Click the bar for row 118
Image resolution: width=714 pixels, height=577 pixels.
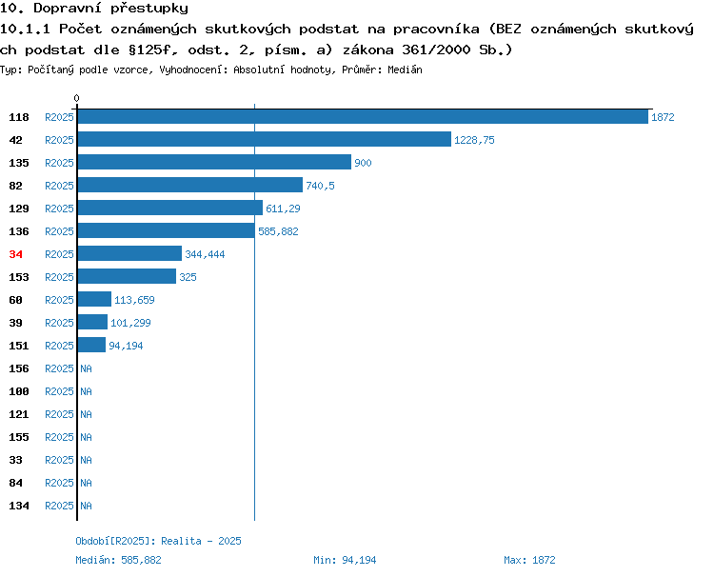click(363, 116)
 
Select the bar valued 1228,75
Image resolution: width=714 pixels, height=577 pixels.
click(265, 139)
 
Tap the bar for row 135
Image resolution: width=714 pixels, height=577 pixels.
click(214, 162)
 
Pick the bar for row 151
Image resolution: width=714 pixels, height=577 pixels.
click(92, 345)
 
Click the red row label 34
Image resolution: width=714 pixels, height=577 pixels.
click(15, 254)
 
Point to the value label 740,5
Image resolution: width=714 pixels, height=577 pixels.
click(320, 186)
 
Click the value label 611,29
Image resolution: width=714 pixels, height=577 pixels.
click(283, 209)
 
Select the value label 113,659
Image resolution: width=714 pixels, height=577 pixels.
click(134, 300)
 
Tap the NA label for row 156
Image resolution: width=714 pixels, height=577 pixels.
click(86, 368)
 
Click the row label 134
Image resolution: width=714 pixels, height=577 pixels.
click(19, 506)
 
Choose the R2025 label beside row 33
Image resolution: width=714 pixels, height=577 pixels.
click(59, 460)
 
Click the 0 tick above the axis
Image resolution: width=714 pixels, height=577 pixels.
click(76, 98)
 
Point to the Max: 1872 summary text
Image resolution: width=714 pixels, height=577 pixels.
click(529, 560)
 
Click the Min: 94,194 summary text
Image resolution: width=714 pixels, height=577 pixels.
click(345, 560)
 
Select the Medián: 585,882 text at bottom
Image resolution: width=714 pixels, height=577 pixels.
click(118, 560)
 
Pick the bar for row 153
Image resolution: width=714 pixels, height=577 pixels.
click(127, 276)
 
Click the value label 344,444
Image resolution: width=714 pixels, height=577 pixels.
click(205, 254)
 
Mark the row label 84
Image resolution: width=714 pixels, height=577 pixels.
click(15, 483)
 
